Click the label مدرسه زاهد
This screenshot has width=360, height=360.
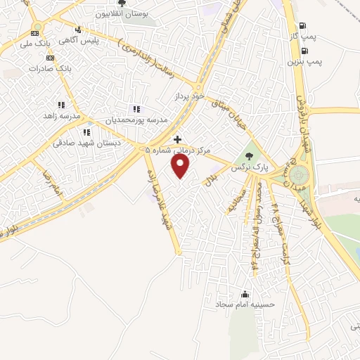tap(63, 115)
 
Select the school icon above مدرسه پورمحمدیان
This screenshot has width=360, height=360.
tap(136, 109)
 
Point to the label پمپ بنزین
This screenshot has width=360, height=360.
tap(304, 62)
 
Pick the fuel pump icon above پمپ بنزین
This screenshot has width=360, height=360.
tap(304, 51)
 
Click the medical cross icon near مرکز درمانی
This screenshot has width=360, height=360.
tap(176, 139)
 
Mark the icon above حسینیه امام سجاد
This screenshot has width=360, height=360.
tap(245, 294)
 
